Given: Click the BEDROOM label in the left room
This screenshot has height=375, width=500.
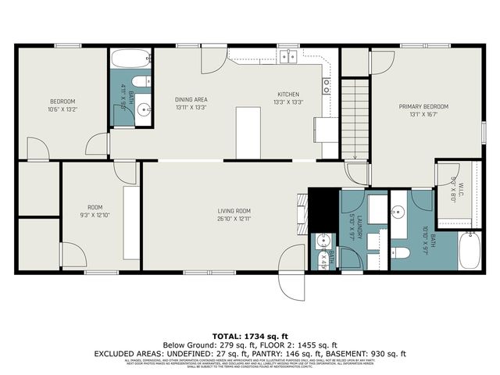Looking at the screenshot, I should click(x=62, y=102).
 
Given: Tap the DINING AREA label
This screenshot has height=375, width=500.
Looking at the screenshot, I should click(x=191, y=99).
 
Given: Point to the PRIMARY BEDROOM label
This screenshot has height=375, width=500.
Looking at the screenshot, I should click(x=423, y=105).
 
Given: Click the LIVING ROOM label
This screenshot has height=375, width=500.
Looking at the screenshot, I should click(x=234, y=210).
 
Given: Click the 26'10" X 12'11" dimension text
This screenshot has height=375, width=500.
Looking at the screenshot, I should click(x=234, y=219).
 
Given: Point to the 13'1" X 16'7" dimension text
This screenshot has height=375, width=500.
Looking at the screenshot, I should click(x=423, y=114).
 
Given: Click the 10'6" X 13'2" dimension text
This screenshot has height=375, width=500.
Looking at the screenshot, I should click(x=62, y=110).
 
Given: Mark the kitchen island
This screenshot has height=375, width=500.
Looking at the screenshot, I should click(x=248, y=130).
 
